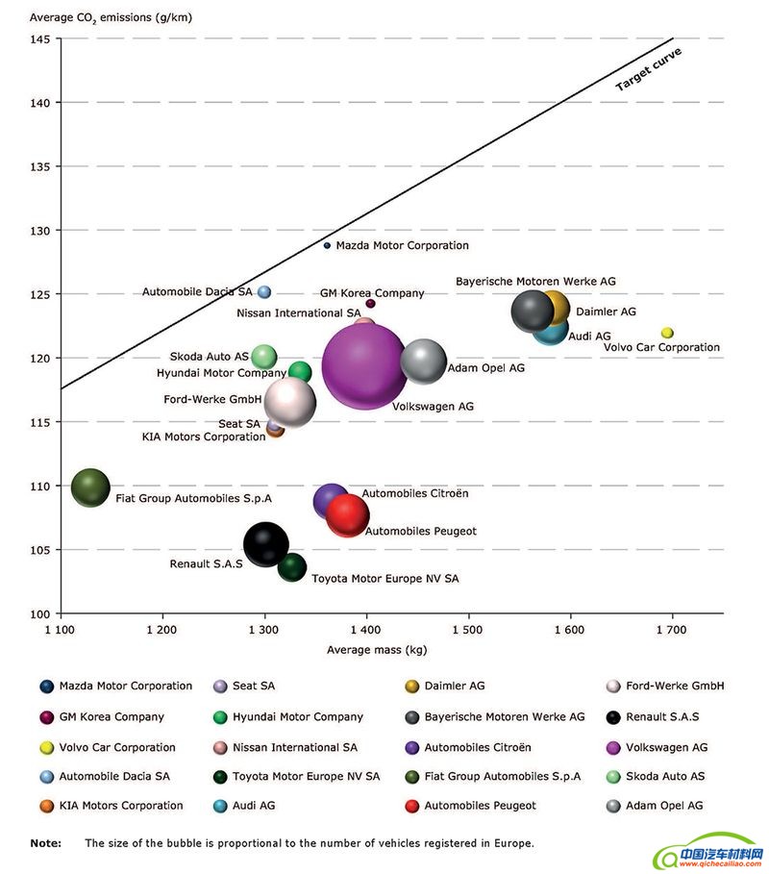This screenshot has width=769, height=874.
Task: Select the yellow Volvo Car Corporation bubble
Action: [x=667, y=333]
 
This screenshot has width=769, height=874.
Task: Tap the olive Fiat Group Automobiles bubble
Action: [x=91, y=487]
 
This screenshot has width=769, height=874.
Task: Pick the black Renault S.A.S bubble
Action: [x=266, y=545]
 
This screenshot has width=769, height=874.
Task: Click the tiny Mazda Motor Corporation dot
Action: [x=327, y=245]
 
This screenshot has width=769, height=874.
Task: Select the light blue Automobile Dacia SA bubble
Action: [x=264, y=291]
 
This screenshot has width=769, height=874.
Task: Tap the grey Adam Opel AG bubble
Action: [x=423, y=362]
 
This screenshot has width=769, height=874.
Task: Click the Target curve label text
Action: [x=648, y=69]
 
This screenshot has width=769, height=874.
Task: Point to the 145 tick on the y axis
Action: [x=41, y=38]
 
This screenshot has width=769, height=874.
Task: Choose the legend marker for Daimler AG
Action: [x=411, y=687]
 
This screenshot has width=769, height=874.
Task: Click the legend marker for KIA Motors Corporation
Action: [x=46, y=806]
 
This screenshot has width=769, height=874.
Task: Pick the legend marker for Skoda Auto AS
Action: [x=612, y=776]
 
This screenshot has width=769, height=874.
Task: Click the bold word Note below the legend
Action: [x=45, y=843]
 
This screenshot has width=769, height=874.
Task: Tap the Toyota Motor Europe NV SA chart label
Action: [x=384, y=579]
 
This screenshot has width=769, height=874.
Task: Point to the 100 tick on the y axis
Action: [x=41, y=613]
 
